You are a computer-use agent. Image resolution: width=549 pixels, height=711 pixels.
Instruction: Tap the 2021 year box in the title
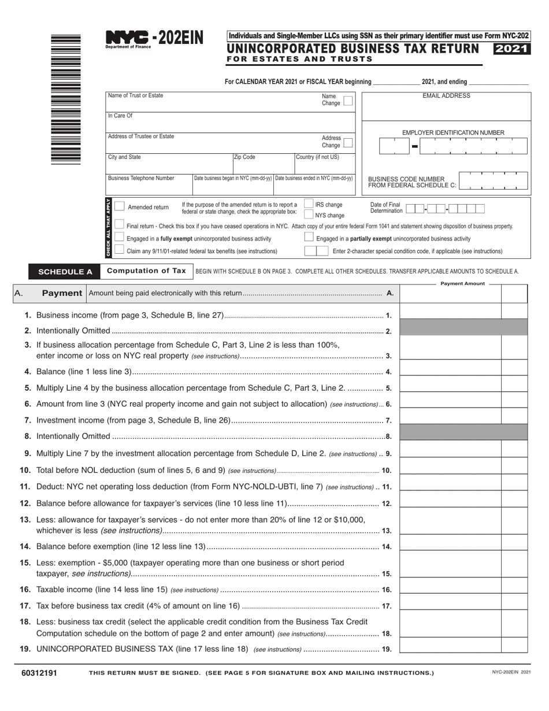(511, 49)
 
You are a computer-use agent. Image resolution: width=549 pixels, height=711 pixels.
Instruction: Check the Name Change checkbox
(347, 101)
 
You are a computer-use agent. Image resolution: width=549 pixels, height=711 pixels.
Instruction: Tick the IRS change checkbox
(309, 204)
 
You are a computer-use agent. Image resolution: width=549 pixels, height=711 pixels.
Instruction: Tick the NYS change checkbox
(309, 214)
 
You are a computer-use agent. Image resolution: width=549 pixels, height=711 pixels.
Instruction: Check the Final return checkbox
(120, 224)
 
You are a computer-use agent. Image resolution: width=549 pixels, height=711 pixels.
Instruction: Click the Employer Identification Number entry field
(453, 146)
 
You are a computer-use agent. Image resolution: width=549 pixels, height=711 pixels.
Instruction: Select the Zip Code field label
(244, 157)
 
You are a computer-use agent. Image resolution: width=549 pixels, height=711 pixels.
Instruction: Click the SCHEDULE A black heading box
(65, 272)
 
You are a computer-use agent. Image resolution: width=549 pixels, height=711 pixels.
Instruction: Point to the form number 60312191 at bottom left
(39, 673)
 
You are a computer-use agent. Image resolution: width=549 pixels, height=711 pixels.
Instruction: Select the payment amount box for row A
(450, 294)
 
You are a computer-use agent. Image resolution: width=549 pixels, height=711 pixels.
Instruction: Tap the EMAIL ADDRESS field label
(446, 96)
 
